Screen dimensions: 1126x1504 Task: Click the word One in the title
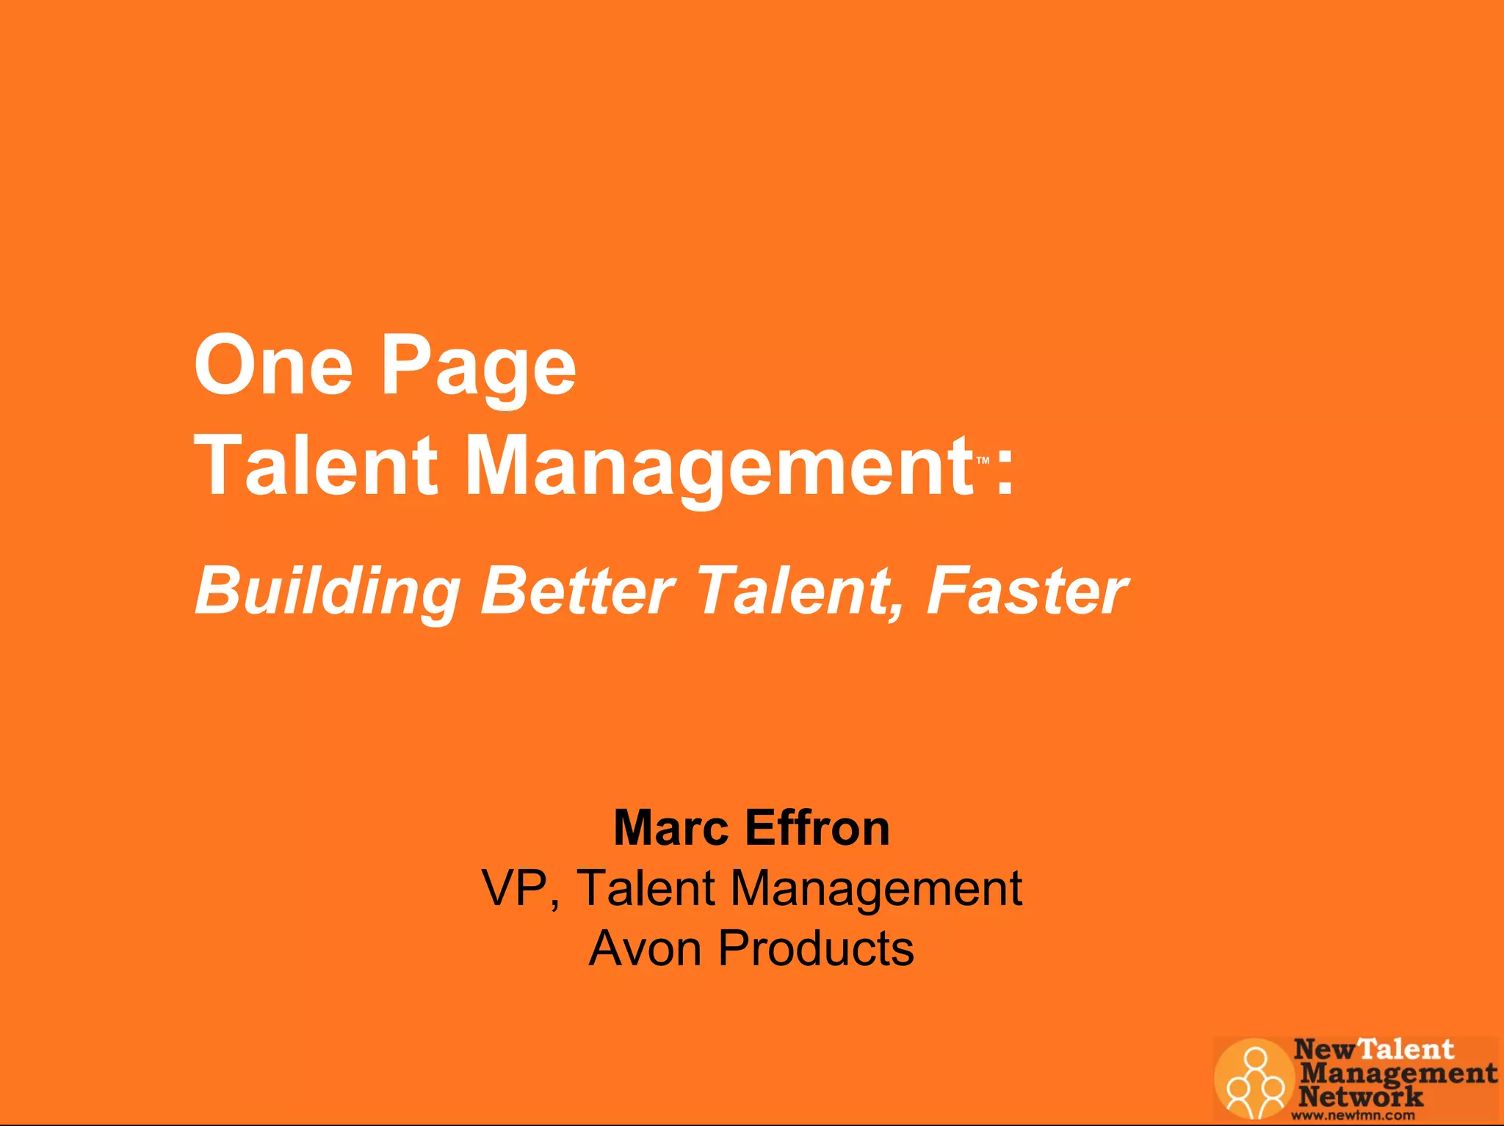click(273, 365)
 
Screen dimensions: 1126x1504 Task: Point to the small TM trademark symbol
click(983, 461)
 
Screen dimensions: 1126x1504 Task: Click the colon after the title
click(1005, 470)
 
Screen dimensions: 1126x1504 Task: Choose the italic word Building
click(328, 592)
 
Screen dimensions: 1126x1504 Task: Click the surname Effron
click(817, 828)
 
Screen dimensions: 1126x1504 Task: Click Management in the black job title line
click(876, 888)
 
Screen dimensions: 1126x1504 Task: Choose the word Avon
click(646, 948)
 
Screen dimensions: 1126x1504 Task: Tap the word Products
click(816, 948)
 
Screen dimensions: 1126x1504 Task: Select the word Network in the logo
click(1360, 1097)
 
